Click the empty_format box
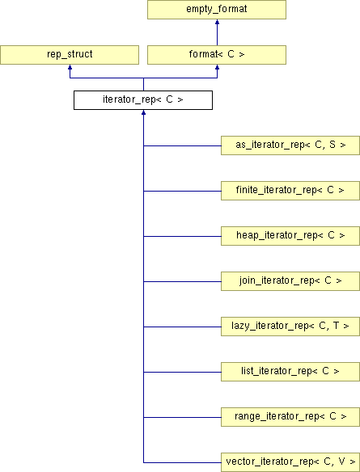point(217,10)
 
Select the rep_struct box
point(70,55)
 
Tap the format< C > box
point(217,55)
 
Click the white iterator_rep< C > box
point(143,100)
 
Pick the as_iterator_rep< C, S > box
point(290,145)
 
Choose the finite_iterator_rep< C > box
point(290,191)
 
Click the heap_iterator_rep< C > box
point(290,236)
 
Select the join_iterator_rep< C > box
point(290,281)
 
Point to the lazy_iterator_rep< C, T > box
point(290,327)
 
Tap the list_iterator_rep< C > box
point(290,372)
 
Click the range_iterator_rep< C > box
point(290,417)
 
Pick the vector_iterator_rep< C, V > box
point(290,462)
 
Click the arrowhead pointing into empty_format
point(217,22)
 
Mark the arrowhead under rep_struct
point(70,67)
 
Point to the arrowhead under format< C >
point(217,67)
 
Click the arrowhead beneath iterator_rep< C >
point(144,112)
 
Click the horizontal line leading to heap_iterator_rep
point(182,236)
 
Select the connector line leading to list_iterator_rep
point(182,372)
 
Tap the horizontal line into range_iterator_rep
point(182,417)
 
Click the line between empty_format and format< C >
point(217,35)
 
